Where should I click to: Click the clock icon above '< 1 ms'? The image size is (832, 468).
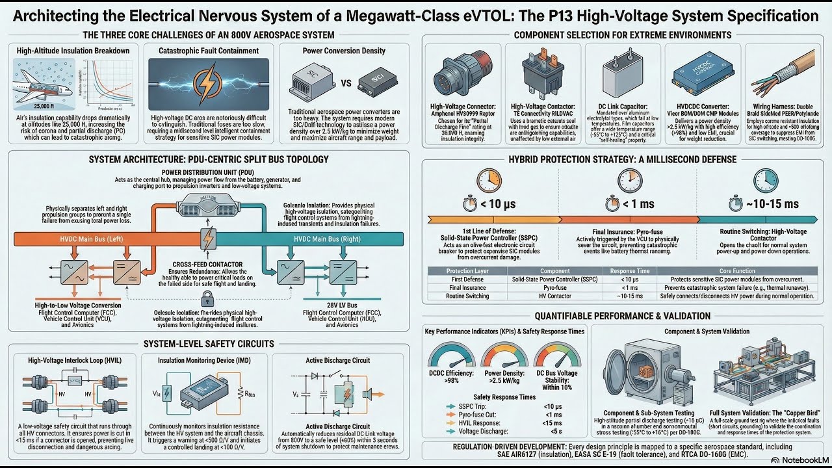630,180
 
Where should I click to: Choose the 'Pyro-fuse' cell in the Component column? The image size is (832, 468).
555,287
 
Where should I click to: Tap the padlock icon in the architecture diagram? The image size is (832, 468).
207,299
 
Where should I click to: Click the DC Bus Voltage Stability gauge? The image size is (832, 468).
557,357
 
